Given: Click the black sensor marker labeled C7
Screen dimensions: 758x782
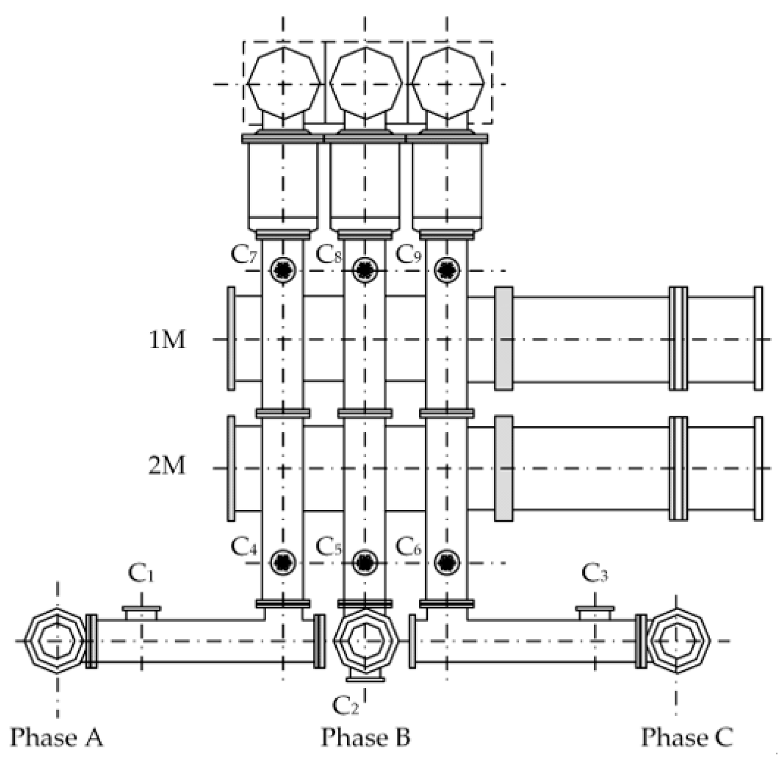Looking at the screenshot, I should [x=283, y=270].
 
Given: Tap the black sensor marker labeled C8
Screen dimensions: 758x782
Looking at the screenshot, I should [x=365, y=270].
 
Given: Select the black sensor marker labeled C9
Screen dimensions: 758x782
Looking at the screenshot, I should [x=447, y=270].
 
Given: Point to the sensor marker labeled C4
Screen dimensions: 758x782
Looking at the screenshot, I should [x=283, y=562].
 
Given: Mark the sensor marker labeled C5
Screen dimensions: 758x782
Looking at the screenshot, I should [x=365, y=562].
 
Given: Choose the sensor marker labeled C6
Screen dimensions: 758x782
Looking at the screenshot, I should [x=447, y=562].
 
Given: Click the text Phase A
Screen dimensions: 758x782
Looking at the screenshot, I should [x=57, y=737].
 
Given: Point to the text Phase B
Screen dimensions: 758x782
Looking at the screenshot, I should [x=365, y=737].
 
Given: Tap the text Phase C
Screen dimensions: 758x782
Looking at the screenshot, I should [x=687, y=737].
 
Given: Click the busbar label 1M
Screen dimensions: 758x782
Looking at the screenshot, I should [x=167, y=340].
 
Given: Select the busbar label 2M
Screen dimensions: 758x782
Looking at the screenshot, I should [x=167, y=465].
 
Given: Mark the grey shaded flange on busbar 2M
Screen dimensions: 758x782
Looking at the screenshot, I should [x=503, y=469].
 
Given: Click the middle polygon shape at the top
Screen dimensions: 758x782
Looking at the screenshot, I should [x=365, y=83].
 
